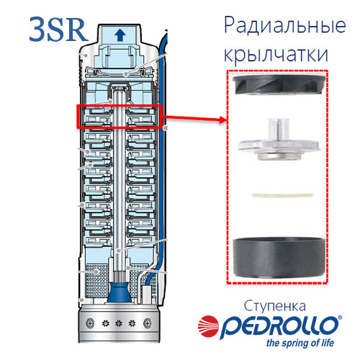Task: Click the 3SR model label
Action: tap(58, 30)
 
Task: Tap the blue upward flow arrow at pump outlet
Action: tap(120, 35)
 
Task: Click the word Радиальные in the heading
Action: tap(285, 25)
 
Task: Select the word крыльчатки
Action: tap(276, 55)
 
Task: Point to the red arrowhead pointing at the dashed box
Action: tap(222, 120)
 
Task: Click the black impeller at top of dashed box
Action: tap(279, 84)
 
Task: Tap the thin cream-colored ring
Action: tap(282, 194)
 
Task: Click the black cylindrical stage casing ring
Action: tap(279, 258)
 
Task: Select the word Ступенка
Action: tap(275, 306)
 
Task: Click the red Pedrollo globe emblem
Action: tap(208, 326)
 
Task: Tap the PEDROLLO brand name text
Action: tap(279, 327)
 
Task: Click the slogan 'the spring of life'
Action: tap(300, 343)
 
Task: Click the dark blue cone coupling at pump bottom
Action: tap(120, 293)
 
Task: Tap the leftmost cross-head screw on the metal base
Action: tap(90, 323)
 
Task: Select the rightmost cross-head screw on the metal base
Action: tap(147, 323)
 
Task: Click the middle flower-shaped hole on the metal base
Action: tap(119, 323)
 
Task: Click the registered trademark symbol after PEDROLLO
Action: tap(340, 318)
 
